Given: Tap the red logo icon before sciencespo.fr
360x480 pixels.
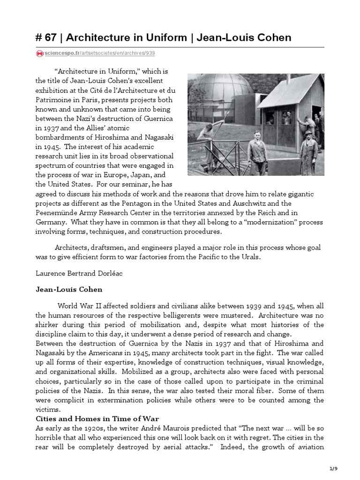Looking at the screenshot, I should coord(39,54).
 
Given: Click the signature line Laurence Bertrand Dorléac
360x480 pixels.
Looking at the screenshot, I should coord(80,273).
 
